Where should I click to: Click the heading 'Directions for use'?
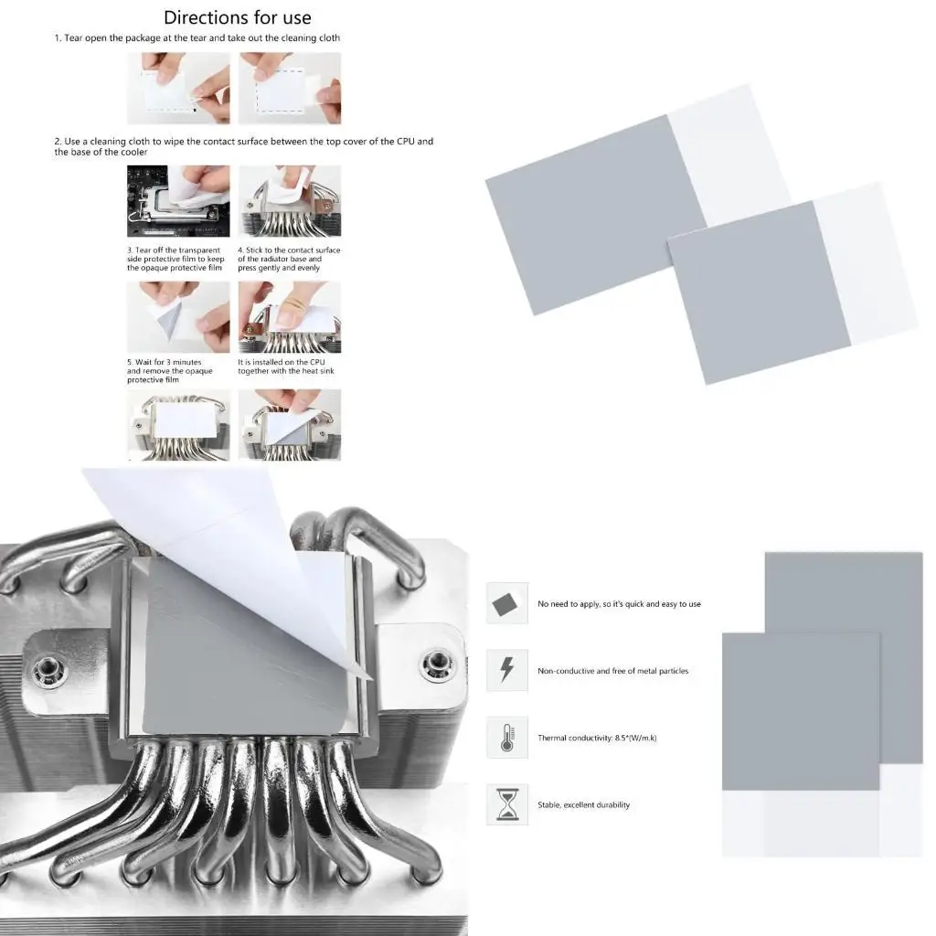pyautogui.click(x=237, y=17)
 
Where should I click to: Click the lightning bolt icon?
pyautogui.click(x=506, y=671)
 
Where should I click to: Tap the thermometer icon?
pyautogui.click(x=506, y=738)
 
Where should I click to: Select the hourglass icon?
pyautogui.click(x=506, y=804)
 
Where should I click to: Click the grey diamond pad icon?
pyautogui.click(x=506, y=604)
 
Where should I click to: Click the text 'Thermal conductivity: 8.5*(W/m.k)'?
pyautogui.click(x=597, y=738)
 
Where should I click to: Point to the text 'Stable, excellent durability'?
pyautogui.click(x=583, y=805)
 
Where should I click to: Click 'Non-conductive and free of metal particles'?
pyautogui.click(x=612, y=671)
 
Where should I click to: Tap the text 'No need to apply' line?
pyautogui.click(x=619, y=604)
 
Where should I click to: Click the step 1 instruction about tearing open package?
pyautogui.click(x=197, y=38)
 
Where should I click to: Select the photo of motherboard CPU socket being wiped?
pyautogui.click(x=177, y=200)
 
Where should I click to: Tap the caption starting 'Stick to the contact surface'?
pyautogui.click(x=288, y=259)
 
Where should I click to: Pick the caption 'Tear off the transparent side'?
pyautogui.click(x=175, y=259)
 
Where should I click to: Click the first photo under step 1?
pyautogui.click(x=177, y=88)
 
